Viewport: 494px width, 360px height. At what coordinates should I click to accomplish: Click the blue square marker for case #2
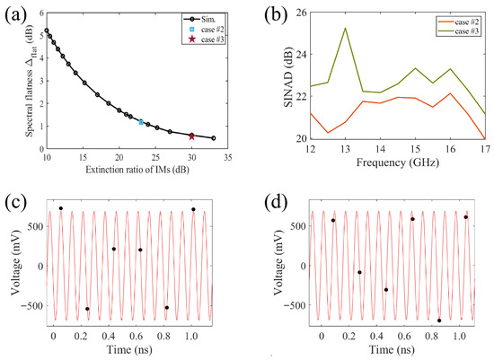click(x=141, y=122)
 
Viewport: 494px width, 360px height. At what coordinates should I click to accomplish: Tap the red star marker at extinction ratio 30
click(x=191, y=136)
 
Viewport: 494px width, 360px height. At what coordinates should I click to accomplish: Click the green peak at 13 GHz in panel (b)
click(x=345, y=28)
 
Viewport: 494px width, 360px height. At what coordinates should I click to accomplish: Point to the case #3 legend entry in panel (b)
click(x=457, y=31)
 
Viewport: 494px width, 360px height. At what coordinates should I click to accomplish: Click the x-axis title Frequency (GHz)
click(x=398, y=162)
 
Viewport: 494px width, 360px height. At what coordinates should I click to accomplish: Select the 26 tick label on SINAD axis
click(x=302, y=13)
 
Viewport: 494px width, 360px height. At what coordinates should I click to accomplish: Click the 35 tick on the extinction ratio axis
click(x=227, y=157)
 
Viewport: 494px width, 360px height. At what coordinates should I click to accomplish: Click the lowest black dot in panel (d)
click(x=439, y=320)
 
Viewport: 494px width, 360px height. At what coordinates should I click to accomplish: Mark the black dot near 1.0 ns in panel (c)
click(x=193, y=209)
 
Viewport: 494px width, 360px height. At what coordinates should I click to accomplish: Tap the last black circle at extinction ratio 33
click(x=213, y=138)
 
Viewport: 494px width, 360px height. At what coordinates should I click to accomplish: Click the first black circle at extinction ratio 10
click(x=47, y=31)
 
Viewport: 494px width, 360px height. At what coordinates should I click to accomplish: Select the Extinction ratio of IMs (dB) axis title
click(x=137, y=170)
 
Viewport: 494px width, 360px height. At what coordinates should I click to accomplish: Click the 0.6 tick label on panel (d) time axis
click(x=404, y=336)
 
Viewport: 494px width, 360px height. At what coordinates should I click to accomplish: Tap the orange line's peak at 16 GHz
click(x=451, y=93)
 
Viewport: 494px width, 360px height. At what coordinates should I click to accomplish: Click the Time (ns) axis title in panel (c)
click(x=129, y=349)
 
